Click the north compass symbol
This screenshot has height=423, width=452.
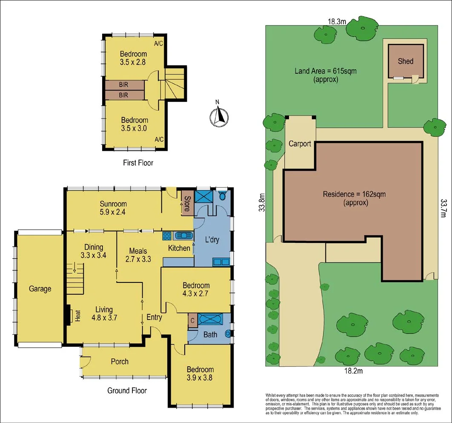point(219,116)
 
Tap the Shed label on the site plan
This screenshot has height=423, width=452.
point(405,61)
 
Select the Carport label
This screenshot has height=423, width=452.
point(300,144)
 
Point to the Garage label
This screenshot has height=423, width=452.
point(40,289)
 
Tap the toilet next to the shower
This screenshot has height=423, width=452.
point(221,197)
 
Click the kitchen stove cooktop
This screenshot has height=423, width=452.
point(166,236)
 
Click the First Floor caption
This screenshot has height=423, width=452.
point(138,163)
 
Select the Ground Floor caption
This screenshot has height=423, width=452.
point(127,391)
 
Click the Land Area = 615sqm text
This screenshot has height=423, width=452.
point(326,75)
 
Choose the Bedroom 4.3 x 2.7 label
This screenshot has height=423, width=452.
point(196,289)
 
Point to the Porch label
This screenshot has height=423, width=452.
point(120,362)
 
